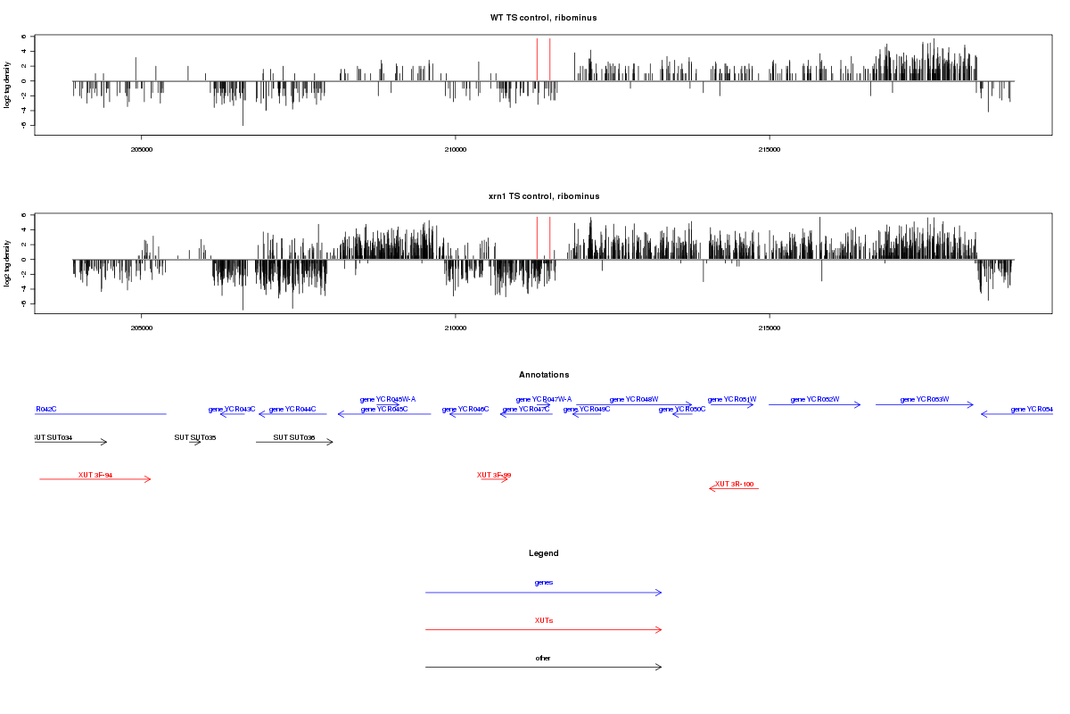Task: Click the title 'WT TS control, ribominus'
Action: pyautogui.click(x=543, y=18)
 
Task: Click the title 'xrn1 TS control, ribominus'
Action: pyautogui.click(x=543, y=196)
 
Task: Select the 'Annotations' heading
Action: pyautogui.click(x=543, y=375)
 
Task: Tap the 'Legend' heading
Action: pyautogui.click(x=543, y=553)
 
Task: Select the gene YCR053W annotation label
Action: pyautogui.click(x=925, y=399)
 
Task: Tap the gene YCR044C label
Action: pyautogui.click(x=292, y=409)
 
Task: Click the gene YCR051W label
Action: pyautogui.click(x=732, y=399)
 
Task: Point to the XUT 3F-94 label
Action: pyautogui.click(x=95, y=475)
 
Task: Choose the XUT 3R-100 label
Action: pyautogui.click(x=735, y=484)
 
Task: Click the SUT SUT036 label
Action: pyautogui.click(x=294, y=437)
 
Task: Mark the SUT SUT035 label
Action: pyautogui.click(x=195, y=437)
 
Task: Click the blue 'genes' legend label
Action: pyautogui.click(x=543, y=583)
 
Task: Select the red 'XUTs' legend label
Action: pyautogui.click(x=543, y=620)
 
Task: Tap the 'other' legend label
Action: pyautogui.click(x=543, y=658)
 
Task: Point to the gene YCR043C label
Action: pyautogui.click(x=232, y=409)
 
